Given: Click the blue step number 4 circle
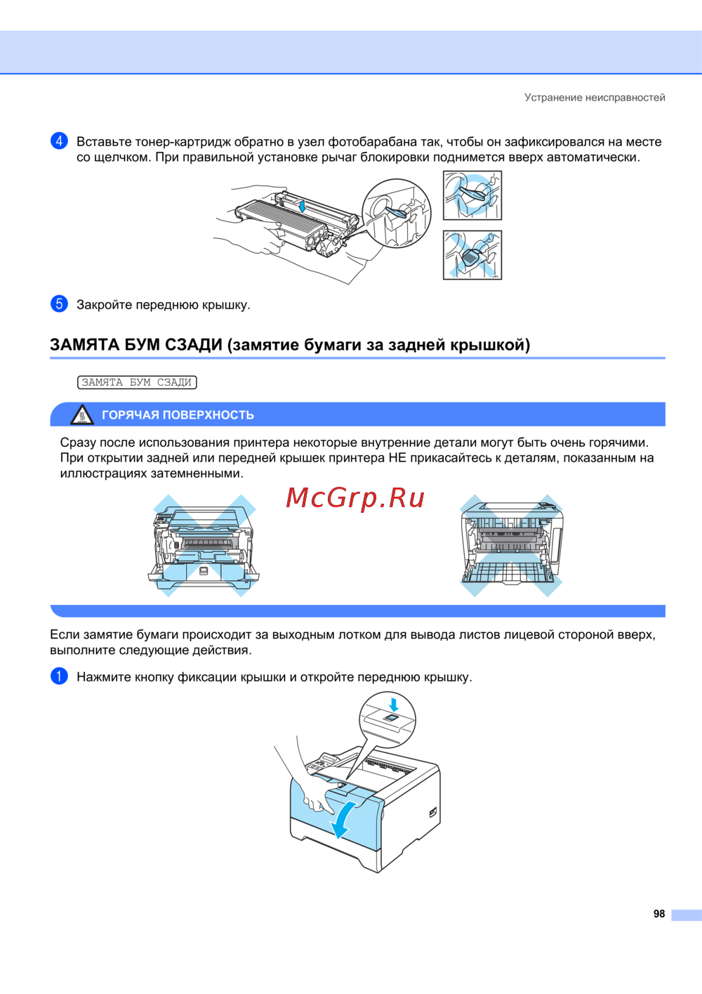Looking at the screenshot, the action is [x=59, y=141].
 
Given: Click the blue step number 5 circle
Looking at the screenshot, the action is [x=59, y=304].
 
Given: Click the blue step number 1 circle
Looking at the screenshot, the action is [x=59, y=676].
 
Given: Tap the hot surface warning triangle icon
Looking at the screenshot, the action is [x=82, y=415].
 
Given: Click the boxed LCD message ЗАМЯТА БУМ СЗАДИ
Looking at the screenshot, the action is [x=137, y=382].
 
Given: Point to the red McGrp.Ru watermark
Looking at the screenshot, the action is [x=355, y=498].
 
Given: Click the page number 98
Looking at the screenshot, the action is [x=659, y=914].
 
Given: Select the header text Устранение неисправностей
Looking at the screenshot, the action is [x=595, y=97].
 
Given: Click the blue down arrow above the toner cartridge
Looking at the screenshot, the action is [x=303, y=206].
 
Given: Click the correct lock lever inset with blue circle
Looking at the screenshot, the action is [x=472, y=195].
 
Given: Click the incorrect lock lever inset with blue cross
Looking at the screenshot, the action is [x=472, y=255].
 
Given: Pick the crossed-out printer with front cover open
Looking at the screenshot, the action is [x=204, y=545].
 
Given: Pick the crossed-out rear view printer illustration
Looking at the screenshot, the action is [x=511, y=545].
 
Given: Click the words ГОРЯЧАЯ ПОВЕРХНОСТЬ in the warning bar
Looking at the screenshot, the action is [x=178, y=415].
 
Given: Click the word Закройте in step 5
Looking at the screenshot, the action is [x=105, y=305].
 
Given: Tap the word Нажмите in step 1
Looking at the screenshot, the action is [x=104, y=677].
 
